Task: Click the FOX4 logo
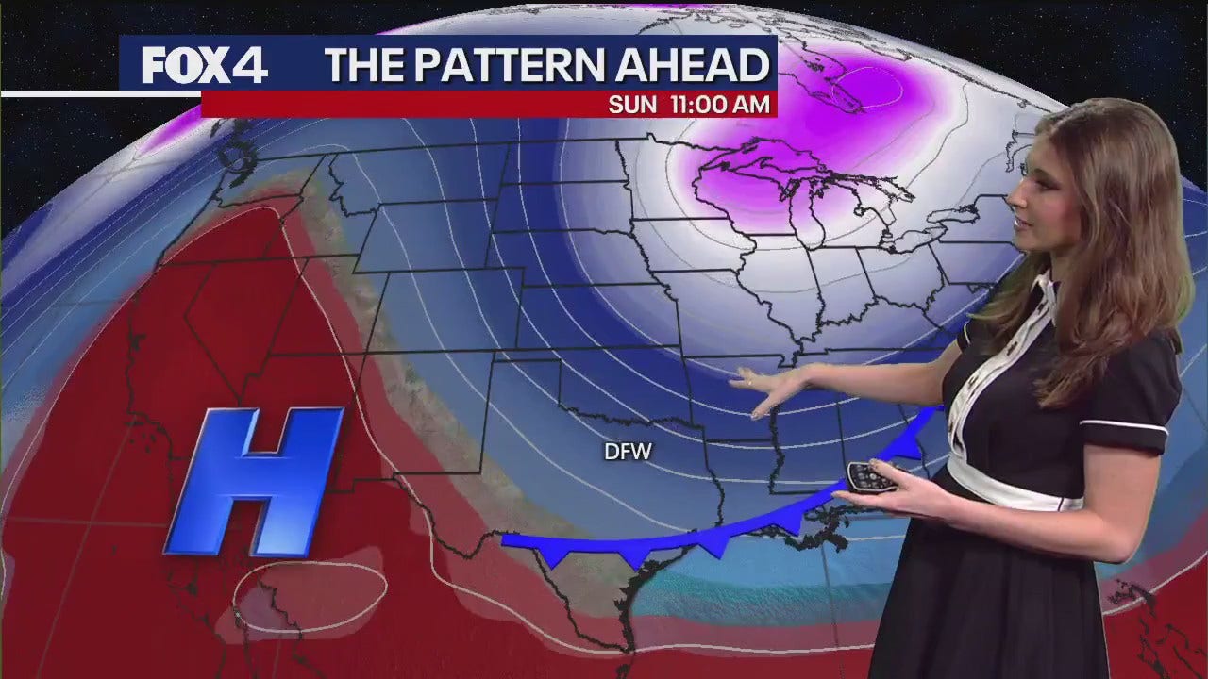[x=205, y=65]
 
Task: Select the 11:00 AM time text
[x=718, y=105]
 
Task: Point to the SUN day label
[x=631, y=105]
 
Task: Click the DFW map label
[x=629, y=453]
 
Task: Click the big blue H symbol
[x=255, y=480]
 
